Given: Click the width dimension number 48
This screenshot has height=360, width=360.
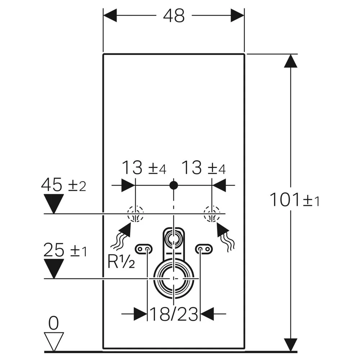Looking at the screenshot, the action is point(174,16).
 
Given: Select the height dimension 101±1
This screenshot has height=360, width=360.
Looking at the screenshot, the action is point(294,199).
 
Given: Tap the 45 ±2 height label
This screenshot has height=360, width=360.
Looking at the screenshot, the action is point(64,185).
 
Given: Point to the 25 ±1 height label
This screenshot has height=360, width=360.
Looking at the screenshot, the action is point(65,250).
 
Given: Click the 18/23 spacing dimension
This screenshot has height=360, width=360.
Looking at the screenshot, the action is point(174,314).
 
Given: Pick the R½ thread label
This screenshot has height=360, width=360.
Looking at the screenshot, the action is point(121,261).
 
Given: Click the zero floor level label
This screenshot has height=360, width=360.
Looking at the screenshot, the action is point(54,323).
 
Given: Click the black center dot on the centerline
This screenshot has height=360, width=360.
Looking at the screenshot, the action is point(174,185).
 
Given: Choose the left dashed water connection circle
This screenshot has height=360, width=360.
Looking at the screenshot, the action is point(135,214).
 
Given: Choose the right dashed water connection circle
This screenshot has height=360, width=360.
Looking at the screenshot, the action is point(212,214).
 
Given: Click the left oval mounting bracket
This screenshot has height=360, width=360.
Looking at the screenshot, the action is point(144,249).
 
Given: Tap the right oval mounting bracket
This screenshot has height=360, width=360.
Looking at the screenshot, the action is point(204,249).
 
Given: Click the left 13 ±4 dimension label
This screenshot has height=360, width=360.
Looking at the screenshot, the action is point(144,168).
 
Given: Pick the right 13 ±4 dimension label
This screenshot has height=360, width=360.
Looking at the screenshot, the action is point(204,168).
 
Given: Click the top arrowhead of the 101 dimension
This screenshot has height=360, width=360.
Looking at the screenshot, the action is point(291,61).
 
